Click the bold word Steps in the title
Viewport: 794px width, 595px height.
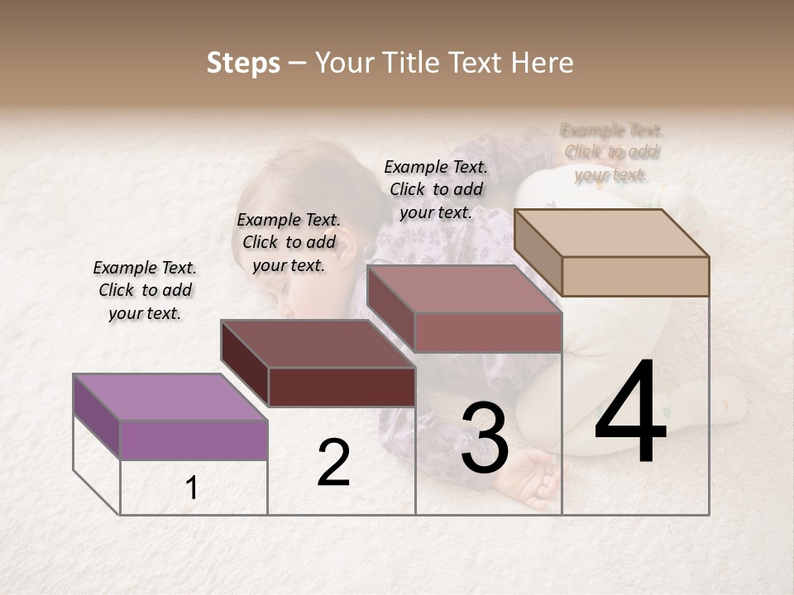[x=243, y=63]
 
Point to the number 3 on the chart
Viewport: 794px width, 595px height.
[x=485, y=439]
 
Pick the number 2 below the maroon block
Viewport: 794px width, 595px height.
[x=333, y=463]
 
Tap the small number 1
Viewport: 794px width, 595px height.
[x=192, y=488]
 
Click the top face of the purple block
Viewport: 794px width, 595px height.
[x=170, y=397]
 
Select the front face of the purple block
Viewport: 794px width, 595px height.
[x=194, y=439]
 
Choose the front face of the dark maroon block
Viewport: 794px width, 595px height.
[x=342, y=387]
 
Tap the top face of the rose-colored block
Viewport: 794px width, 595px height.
[x=463, y=289]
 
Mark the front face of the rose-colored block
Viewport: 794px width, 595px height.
[x=488, y=332]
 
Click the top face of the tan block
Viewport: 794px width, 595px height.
[x=610, y=232]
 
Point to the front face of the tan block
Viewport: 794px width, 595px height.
[x=634, y=276]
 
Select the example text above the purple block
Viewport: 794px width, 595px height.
[x=145, y=290]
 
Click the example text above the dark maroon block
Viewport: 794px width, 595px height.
[x=289, y=242]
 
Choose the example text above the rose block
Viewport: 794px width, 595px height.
[x=436, y=189]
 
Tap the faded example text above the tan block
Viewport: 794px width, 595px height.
[x=612, y=152]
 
